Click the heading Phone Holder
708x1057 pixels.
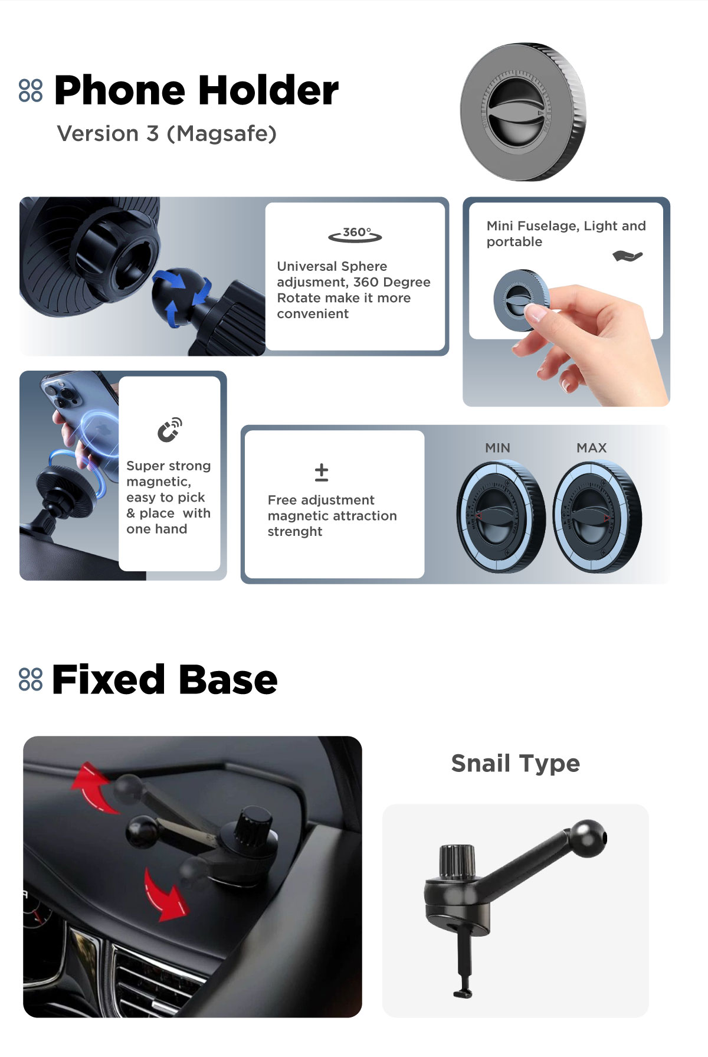[196, 91]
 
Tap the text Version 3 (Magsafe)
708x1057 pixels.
[167, 134]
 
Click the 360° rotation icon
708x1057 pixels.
[355, 234]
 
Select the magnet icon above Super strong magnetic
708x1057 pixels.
[170, 430]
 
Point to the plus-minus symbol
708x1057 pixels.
[322, 472]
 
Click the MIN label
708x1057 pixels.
[497, 448]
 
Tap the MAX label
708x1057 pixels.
[592, 448]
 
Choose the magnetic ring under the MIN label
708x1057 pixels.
[500, 518]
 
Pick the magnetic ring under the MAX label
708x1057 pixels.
[596, 518]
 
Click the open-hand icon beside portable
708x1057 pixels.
[627, 256]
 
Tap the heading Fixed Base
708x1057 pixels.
[165, 679]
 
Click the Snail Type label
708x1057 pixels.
[516, 763]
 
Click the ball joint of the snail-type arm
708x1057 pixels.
[588, 838]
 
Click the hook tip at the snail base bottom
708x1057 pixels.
[464, 994]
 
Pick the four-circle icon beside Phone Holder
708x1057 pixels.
[31, 90]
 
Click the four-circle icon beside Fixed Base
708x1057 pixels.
[31, 679]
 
